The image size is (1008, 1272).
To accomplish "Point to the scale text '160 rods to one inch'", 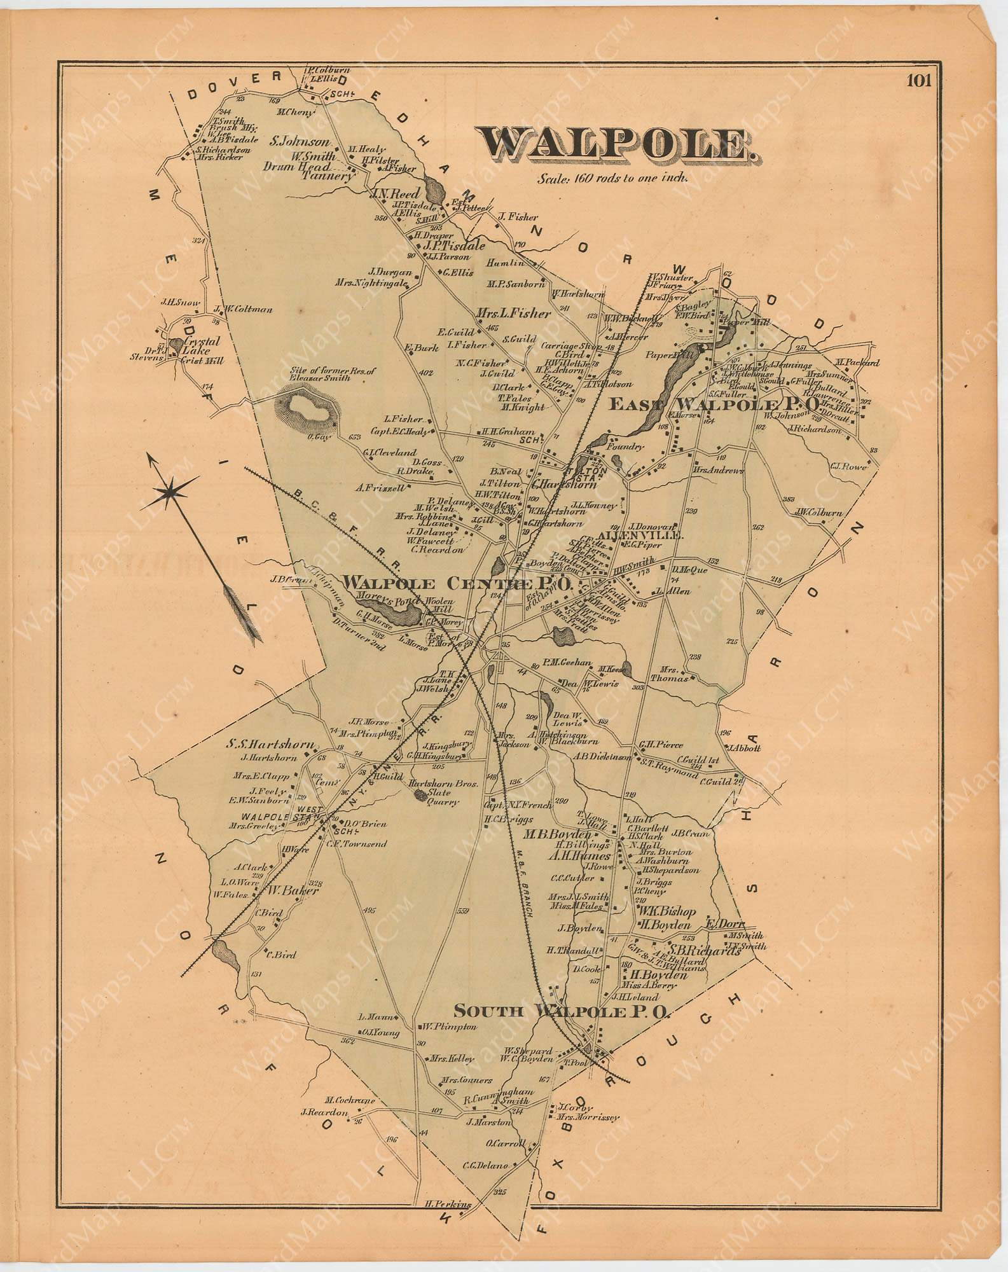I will point(612,179).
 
